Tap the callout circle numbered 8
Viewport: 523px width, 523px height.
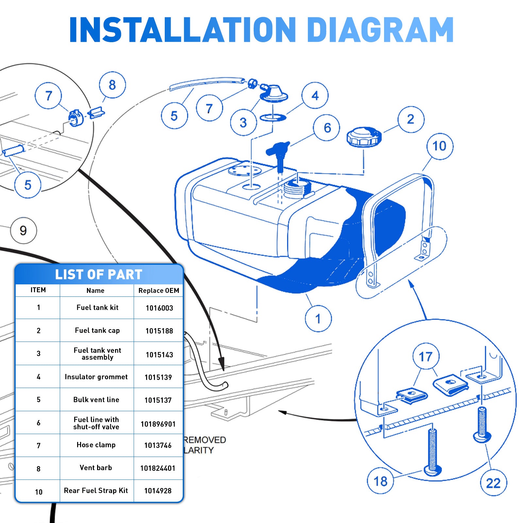point(112,85)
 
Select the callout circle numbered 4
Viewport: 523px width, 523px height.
point(315,95)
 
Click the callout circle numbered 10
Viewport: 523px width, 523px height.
point(440,146)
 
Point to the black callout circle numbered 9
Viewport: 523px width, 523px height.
point(23,230)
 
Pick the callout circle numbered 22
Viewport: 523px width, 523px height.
point(493,483)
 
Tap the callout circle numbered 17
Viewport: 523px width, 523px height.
point(426,356)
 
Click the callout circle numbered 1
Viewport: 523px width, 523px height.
point(318,318)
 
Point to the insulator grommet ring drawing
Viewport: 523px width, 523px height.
point(273,117)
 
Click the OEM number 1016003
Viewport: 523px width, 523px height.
point(159,308)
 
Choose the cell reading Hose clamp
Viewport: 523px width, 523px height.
point(96,445)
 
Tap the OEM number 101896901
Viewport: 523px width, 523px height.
point(158,424)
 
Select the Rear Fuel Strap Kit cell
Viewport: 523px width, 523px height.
point(96,491)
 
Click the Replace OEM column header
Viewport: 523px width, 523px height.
point(159,291)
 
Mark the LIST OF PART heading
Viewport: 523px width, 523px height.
point(98,275)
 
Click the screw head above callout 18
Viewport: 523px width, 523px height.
point(432,470)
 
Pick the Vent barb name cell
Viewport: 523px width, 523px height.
point(96,468)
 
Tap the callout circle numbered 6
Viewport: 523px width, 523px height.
point(327,128)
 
